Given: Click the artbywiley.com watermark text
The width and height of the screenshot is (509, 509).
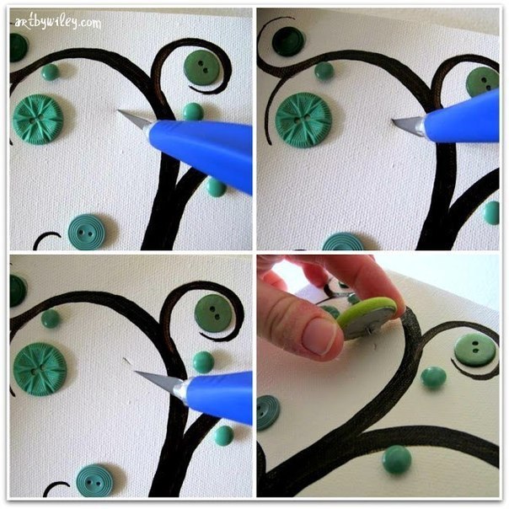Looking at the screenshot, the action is [x=58, y=23].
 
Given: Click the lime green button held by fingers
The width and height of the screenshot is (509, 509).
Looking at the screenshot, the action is [x=367, y=319].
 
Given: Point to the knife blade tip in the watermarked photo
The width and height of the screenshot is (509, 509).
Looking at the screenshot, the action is [x=118, y=110].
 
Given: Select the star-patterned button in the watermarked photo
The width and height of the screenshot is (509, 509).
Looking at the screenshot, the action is [x=38, y=120].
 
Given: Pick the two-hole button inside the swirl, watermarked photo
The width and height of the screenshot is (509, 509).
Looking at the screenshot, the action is [x=201, y=67].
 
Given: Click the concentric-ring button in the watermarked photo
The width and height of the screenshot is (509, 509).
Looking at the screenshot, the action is [x=85, y=232].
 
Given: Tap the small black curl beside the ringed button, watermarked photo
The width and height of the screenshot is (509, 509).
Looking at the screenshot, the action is [x=46, y=239].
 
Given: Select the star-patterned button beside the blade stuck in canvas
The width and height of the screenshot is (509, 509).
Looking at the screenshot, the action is [x=303, y=120].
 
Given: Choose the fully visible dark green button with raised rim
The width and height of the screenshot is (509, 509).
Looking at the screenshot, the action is [x=288, y=41].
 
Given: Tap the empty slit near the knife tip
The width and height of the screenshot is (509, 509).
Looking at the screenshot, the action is [x=126, y=361].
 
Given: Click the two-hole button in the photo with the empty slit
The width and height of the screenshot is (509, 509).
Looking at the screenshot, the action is [x=213, y=313].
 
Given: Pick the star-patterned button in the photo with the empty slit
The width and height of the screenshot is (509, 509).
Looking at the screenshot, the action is [x=40, y=369].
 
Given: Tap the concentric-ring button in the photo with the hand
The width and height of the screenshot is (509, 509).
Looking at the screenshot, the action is [x=268, y=413].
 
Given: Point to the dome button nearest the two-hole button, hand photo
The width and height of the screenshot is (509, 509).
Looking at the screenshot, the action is [x=433, y=378].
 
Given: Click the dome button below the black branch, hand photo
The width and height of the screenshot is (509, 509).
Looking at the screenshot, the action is [x=397, y=460].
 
